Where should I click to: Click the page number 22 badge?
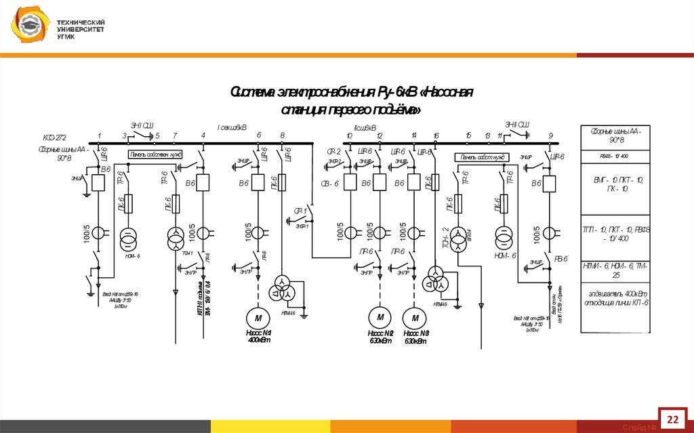(673, 419)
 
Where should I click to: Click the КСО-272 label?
(54, 137)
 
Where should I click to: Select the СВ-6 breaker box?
(350, 183)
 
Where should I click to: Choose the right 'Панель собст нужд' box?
(483, 157)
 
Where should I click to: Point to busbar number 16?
(436, 136)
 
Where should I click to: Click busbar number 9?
(550, 136)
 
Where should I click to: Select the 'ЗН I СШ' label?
(142, 125)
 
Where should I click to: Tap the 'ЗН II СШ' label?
(517, 124)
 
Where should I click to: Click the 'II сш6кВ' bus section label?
(365, 127)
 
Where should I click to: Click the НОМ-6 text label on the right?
(505, 255)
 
